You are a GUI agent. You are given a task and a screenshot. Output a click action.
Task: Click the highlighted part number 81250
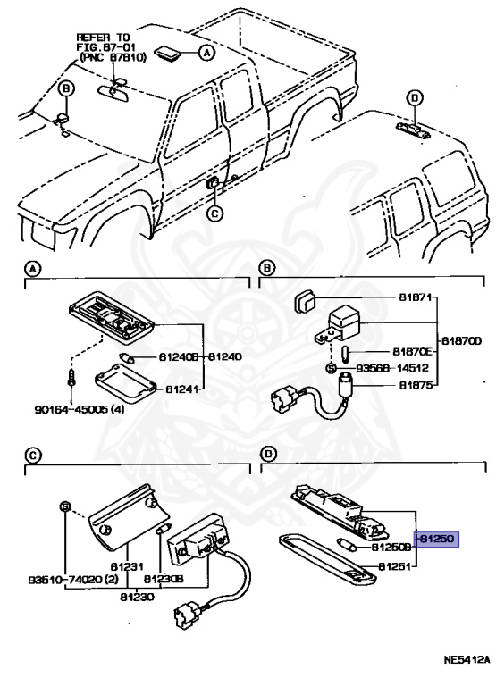[x=436, y=539]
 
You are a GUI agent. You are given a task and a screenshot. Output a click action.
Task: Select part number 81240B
[x=178, y=357]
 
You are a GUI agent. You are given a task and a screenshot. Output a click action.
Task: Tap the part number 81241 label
[x=181, y=389]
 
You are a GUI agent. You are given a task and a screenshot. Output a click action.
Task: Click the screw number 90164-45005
[x=72, y=410]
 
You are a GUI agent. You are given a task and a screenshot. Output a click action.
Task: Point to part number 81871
[x=415, y=297]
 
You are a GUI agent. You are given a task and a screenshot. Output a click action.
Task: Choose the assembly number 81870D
[x=461, y=340]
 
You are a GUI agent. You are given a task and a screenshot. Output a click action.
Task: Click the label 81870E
[x=412, y=351]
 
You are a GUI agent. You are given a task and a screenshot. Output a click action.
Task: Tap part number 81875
[x=416, y=385]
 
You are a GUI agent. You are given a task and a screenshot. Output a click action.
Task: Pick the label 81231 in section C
[x=128, y=566]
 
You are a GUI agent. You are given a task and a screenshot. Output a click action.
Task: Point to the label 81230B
[x=164, y=580]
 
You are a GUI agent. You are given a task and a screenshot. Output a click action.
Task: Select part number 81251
[x=394, y=566]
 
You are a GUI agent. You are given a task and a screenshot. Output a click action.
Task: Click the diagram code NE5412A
[x=467, y=672]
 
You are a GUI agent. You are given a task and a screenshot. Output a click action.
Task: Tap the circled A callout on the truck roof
[x=206, y=53]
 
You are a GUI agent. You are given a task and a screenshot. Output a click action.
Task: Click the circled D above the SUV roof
[x=414, y=98]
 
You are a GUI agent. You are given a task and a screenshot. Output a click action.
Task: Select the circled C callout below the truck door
[x=214, y=213]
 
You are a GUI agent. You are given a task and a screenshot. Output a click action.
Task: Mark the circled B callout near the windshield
[x=66, y=88]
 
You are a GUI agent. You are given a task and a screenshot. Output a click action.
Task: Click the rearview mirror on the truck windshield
[x=113, y=93]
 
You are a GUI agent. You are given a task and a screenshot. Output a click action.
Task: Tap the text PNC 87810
[x=113, y=57]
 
